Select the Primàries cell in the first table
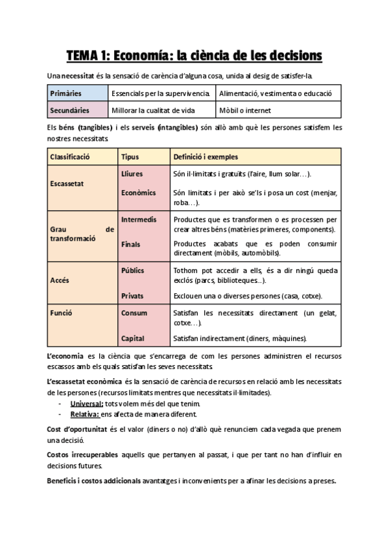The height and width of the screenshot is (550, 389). pos(65,94)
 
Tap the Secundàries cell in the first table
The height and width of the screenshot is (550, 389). pos(69,110)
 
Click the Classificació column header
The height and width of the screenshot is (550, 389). pos(69,157)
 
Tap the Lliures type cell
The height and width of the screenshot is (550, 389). pos(132,174)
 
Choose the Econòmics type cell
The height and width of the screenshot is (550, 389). pos(138,193)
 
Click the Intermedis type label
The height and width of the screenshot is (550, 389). pos(139,219)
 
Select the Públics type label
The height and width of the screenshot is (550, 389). pos(133,270)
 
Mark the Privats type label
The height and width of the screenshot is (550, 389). pos(133,296)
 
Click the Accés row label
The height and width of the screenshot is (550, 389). pos(59,281)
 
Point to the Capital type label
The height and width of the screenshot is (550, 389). pos(133,338)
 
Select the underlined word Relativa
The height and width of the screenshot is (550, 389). pos(86,414)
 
